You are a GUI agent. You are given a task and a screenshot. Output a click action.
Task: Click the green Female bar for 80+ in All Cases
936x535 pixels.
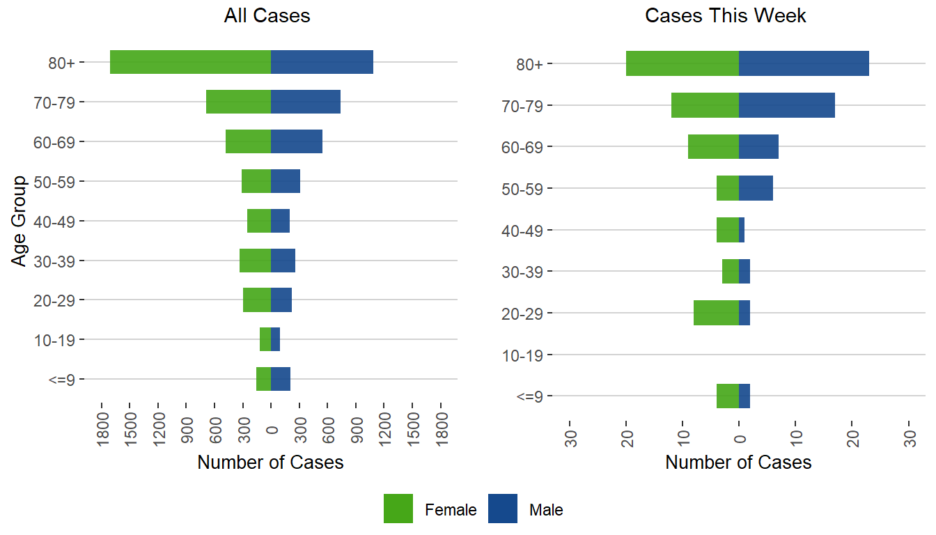pos(190,62)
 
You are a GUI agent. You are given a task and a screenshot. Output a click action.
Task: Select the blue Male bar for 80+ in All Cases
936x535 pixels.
pos(322,62)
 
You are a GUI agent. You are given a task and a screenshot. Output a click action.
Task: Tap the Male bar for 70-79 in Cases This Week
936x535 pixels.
pos(786,105)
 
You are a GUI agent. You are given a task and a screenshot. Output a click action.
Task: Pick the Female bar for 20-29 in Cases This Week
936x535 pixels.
pos(716,313)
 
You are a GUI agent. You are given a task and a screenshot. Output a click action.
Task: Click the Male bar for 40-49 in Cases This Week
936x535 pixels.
pos(742,230)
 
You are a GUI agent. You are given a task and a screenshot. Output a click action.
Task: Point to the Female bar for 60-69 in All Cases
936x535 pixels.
pos(248,141)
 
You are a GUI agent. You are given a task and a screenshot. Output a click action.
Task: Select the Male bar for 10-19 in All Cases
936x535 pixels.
pos(275,340)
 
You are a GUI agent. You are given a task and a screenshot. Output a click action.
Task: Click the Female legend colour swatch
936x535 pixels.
pos(398,509)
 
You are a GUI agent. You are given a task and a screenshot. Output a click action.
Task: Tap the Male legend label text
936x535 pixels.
pos(546,510)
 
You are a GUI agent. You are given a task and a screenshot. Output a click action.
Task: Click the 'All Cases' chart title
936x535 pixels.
pos(267,16)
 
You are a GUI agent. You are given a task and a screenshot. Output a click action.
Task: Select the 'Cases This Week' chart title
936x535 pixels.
pos(726,16)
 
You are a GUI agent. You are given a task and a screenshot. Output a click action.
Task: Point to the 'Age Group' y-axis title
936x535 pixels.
pos(19,221)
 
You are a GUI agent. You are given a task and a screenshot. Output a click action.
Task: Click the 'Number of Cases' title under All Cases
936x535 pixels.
pos(270,463)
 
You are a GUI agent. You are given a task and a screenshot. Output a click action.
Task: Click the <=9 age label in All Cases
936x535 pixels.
pos(63,380)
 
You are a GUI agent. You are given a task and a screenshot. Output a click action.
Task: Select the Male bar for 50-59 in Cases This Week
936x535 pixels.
pos(756,188)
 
